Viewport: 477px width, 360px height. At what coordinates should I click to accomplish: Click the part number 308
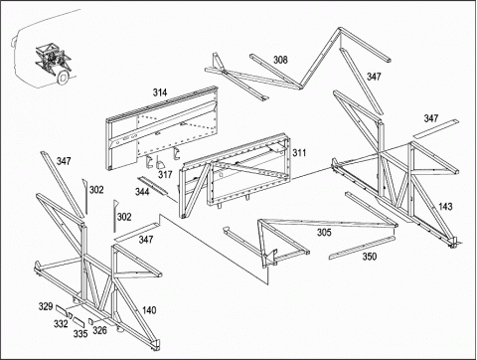click(280, 60)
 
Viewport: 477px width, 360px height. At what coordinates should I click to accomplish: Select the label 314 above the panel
click(160, 92)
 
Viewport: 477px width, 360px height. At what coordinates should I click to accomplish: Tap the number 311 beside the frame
click(299, 153)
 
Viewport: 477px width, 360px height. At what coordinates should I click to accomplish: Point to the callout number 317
click(165, 174)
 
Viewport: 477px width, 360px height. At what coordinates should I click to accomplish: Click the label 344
click(142, 191)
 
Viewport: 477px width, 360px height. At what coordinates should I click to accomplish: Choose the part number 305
click(324, 233)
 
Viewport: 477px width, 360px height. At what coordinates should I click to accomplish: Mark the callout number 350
click(369, 257)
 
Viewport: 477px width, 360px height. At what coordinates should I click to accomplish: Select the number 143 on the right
click(445, 207)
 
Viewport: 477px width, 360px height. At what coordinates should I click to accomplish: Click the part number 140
click(149, 310)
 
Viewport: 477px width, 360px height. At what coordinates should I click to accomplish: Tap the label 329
click(46, 306)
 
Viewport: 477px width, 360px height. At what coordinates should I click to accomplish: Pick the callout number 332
click(61, 323)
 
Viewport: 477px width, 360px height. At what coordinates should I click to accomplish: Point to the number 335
click(80, 333)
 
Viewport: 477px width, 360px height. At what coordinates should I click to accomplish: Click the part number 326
click(99, 330)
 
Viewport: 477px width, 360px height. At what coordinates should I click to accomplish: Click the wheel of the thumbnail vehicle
click(63, 78)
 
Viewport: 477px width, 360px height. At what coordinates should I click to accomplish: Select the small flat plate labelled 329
click(62, 310)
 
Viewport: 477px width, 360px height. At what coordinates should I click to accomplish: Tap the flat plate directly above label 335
click(79, 321)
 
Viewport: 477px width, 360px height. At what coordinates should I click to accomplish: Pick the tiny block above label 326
click(91, 320)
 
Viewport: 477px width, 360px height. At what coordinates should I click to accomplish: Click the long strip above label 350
click(362, 248)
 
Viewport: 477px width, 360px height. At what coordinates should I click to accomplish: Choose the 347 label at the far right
click(431, 118)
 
